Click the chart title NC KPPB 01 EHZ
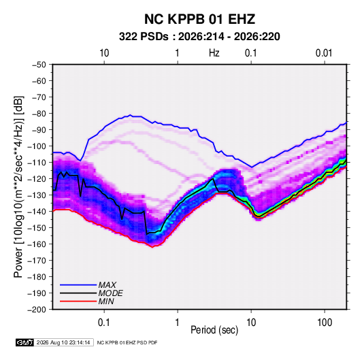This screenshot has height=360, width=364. pos(199,19)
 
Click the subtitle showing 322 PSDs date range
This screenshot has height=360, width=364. pos(199,37)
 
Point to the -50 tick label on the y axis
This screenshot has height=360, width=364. pos(39,65)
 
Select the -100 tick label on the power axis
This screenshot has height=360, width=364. pos(37,146)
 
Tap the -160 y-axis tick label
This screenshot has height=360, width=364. pos(37,244)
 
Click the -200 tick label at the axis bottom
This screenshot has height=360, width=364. pos(37,310)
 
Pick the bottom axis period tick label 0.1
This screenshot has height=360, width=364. pos(104,323)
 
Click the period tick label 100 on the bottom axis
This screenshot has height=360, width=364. pos(325,323)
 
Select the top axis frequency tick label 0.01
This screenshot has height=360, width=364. pos(324,53)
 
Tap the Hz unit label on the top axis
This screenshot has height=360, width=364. pos(214,53)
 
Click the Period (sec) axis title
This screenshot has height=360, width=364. pos(214,330)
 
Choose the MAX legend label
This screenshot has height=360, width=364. pos(107,285)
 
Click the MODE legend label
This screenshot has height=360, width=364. pos(110,293)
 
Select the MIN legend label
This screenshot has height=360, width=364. pos(106,301)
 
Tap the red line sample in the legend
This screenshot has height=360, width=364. pos(78,301)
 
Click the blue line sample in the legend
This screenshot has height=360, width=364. pos(78,285)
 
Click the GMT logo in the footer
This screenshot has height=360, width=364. pos(25,342)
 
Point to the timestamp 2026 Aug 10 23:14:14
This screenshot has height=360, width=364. pos(63,342)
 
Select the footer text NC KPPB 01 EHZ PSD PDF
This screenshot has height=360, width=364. pos(127,342)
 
